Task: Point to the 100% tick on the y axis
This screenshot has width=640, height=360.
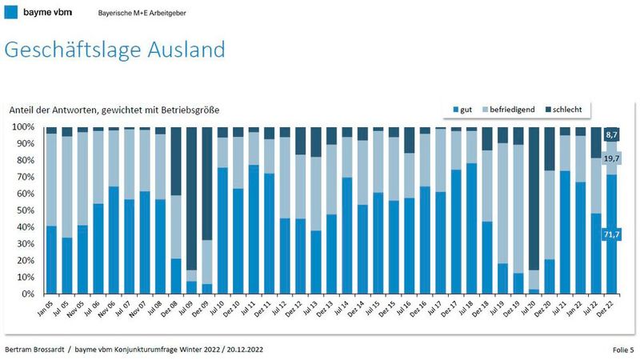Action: pos(23,127)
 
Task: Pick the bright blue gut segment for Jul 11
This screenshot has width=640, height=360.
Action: pos(253,232)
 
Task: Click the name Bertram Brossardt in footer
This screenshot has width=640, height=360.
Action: pos(36,350)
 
